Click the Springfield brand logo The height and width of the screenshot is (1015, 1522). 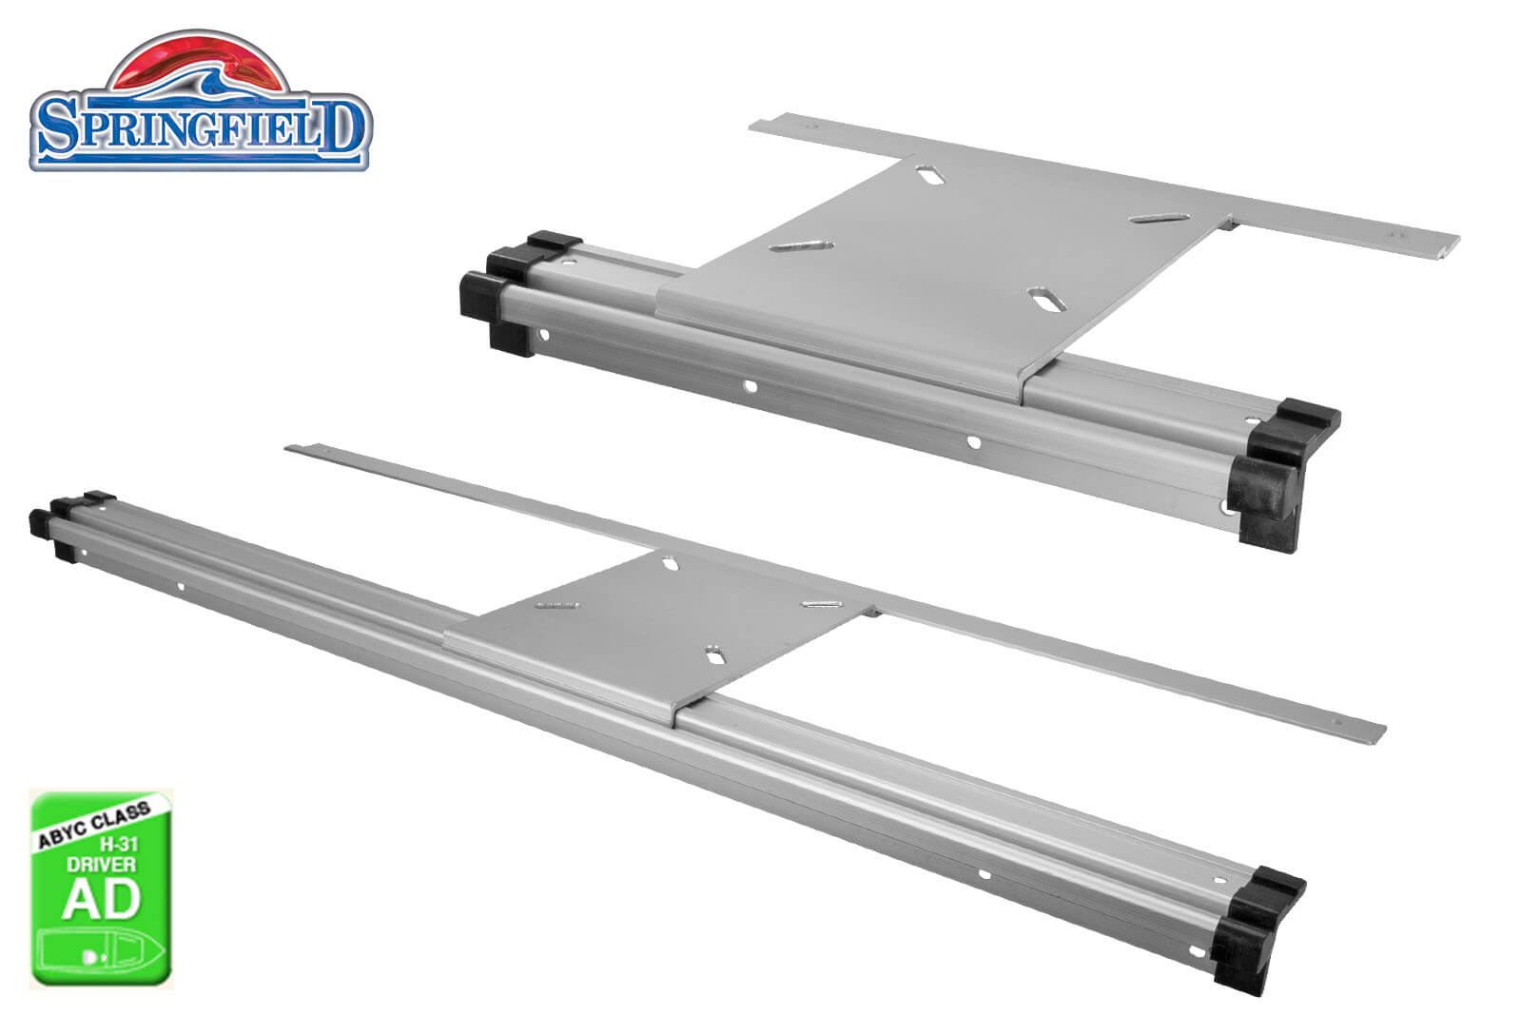click(x=201, y=100)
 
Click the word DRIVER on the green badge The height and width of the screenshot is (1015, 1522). click(x=101, y=864)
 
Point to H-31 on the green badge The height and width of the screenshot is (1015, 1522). click(x=119, y=845)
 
